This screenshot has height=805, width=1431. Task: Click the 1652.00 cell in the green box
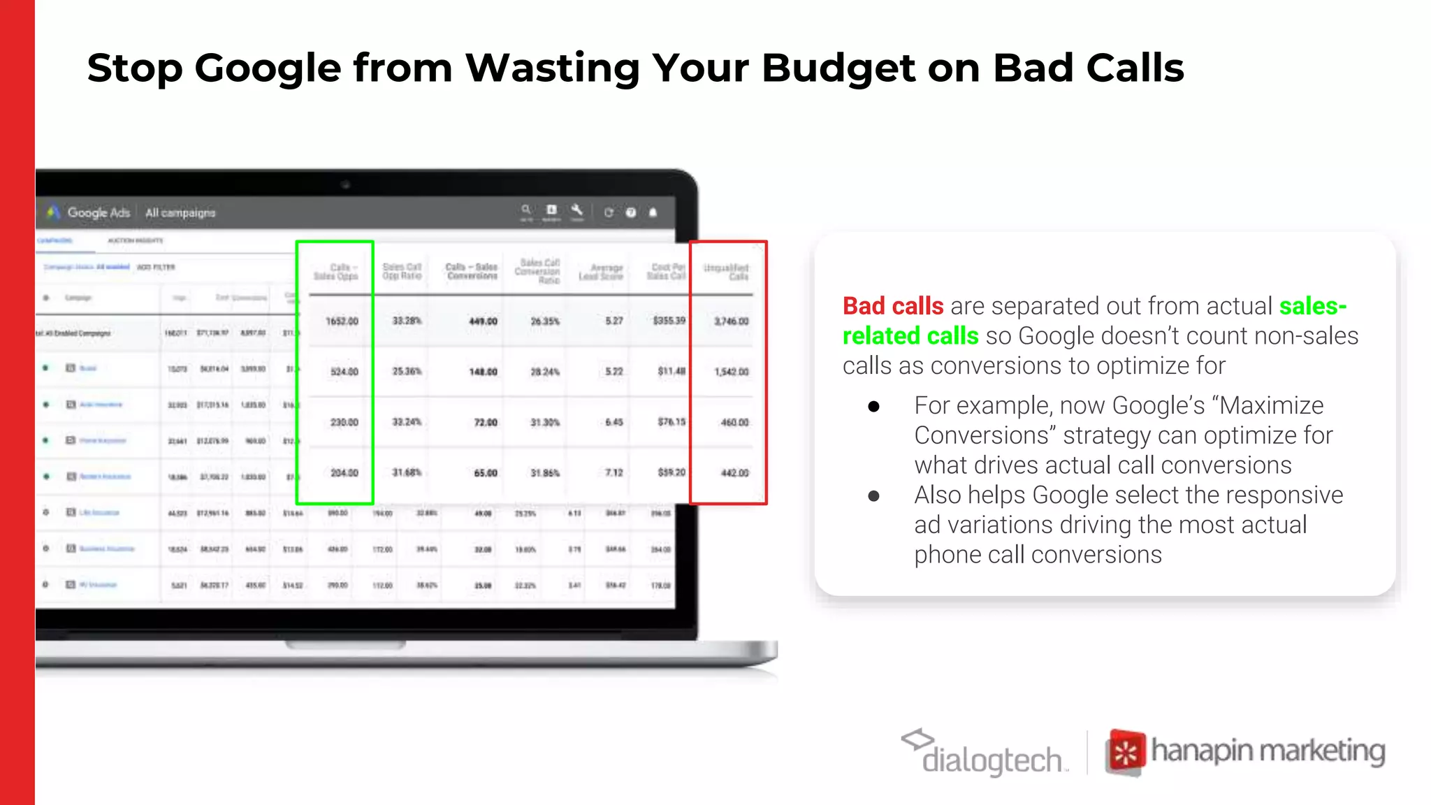point(342,321)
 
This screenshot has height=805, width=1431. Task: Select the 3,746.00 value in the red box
point(731,321)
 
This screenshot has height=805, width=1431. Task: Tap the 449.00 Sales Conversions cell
point(483,321)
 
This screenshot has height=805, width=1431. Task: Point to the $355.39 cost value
point(669,321)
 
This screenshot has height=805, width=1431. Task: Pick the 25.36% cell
point(407,371)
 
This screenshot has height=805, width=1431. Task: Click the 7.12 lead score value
point(613,473)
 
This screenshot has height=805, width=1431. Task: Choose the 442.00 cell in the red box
point(734,473)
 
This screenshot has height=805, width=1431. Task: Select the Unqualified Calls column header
point(726,272)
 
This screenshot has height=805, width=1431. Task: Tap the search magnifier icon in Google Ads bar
point(526,210)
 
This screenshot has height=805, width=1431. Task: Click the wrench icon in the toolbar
point(576,210)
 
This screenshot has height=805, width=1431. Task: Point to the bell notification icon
point(653,212)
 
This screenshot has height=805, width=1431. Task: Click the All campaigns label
point(180,212)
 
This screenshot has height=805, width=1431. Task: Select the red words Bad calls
point(892,306)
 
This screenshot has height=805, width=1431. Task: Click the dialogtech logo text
point(991,760)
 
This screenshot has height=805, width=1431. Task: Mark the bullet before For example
point(873,407)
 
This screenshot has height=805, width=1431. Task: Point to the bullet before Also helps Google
point(873,496)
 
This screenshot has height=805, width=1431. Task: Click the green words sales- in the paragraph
point(1312,306)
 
